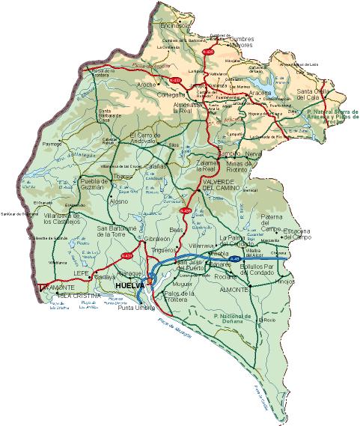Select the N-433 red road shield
pos(175,79)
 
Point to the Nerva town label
pos(253,153)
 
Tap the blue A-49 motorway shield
pos(235,260)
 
